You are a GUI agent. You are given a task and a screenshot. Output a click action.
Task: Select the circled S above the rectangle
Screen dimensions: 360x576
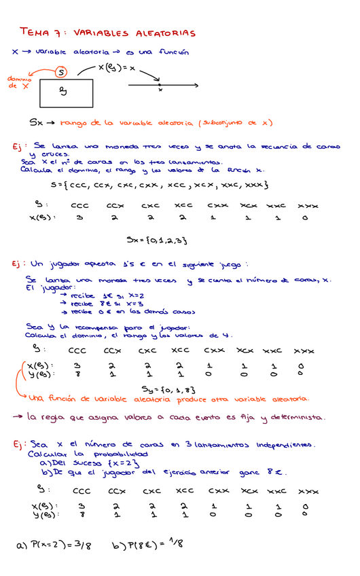point(60,71)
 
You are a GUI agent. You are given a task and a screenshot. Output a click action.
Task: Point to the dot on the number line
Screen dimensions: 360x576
point(159,85)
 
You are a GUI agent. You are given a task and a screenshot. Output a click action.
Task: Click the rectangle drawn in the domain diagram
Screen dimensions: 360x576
point(66,93)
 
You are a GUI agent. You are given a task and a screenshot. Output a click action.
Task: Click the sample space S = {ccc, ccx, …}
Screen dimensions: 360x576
point(160,184)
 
